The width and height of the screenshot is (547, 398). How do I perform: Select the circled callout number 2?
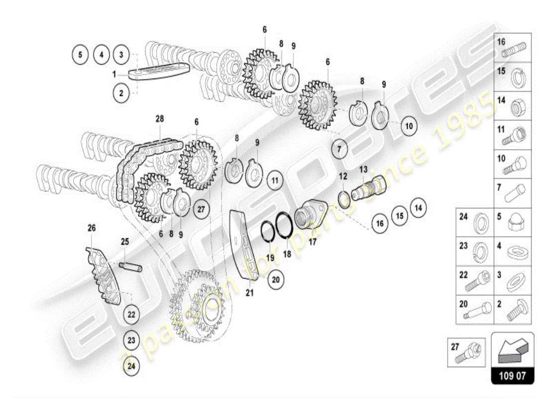(121, 92)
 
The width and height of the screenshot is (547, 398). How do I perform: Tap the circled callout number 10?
(409, 126)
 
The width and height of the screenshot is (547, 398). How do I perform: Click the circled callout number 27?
(200, 209)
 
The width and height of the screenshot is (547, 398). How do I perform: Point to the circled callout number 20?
(276, 280)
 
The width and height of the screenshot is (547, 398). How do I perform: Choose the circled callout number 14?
(418, 207)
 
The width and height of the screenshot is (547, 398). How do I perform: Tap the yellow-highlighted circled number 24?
(131, 366)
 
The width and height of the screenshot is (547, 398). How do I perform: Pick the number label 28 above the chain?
(160, 119)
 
